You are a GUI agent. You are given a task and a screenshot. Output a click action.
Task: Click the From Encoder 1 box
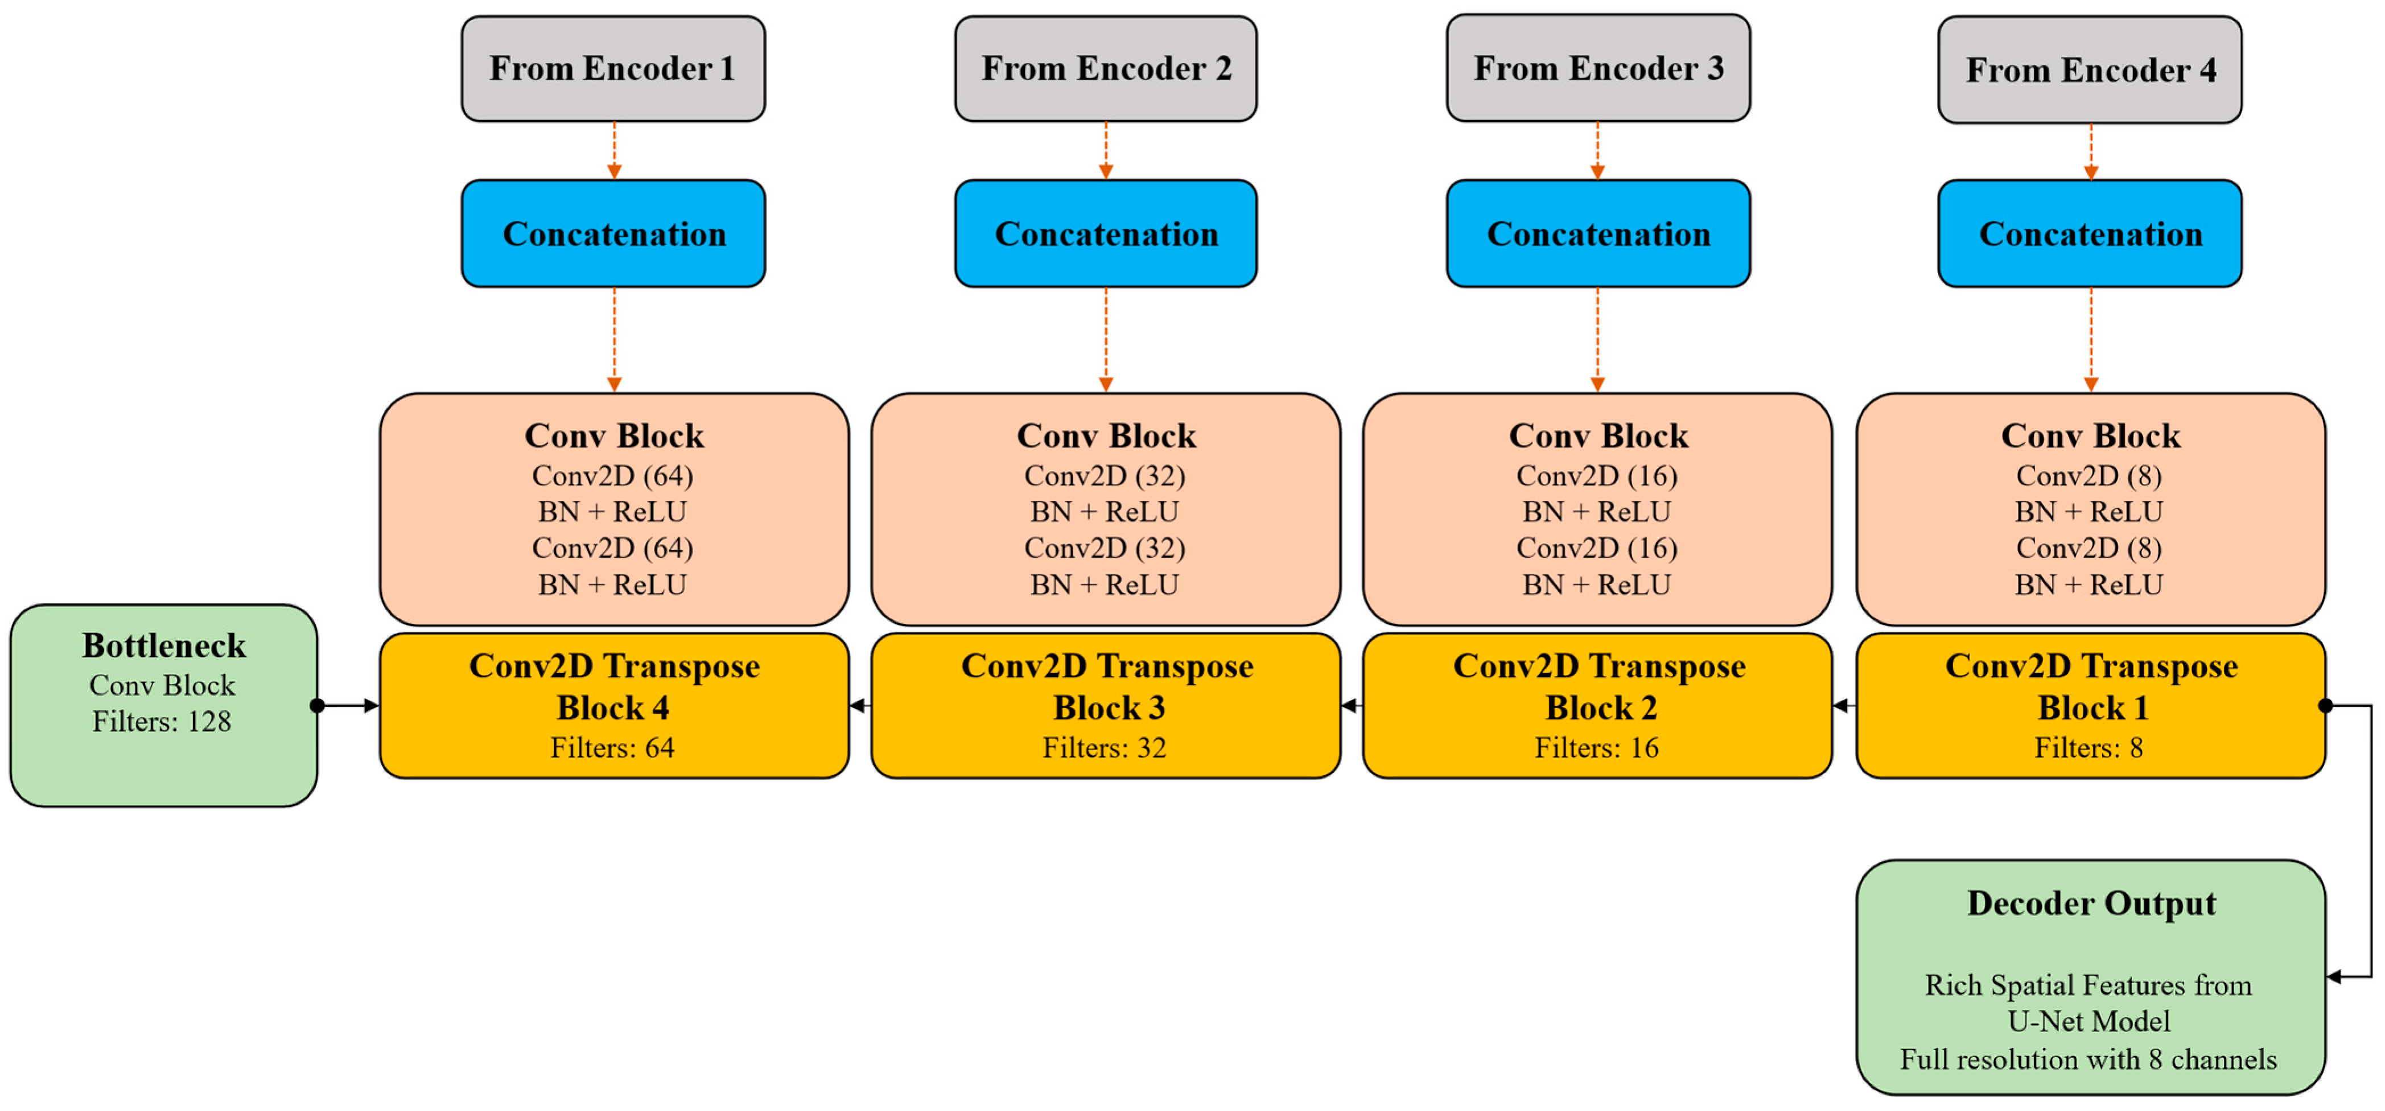613,68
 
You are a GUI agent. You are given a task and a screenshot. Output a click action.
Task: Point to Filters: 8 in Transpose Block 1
2088,747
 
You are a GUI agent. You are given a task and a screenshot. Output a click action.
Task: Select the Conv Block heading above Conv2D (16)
1598,436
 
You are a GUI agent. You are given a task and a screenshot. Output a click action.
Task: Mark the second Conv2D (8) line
2088,548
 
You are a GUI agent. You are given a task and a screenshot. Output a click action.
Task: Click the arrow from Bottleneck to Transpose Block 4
350,706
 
